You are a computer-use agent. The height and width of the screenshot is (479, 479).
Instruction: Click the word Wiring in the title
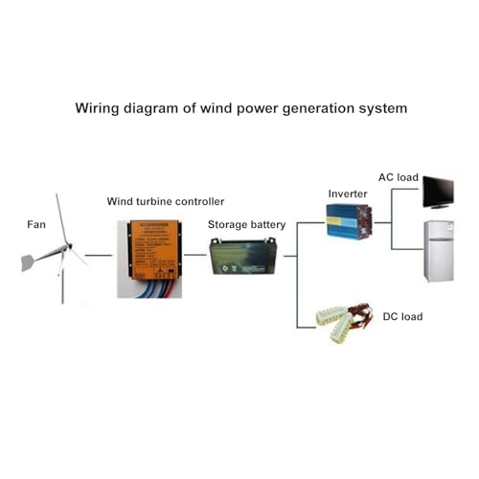coord(98,108)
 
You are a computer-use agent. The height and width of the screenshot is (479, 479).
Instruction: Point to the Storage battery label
coord(247,224)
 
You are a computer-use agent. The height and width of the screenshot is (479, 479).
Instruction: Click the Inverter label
coord(347,193)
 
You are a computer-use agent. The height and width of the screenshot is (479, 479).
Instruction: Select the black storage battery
coord(238,259)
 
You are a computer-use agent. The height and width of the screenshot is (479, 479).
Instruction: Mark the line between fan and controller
coord(98,257)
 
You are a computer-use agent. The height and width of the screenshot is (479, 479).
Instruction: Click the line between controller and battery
coord(196,257)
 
